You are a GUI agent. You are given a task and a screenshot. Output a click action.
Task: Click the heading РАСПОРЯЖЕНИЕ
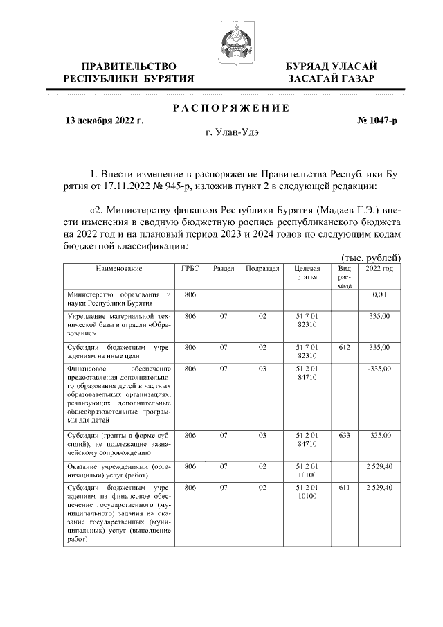point(230,107)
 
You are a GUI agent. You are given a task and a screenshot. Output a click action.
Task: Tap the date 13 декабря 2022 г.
point(104,121)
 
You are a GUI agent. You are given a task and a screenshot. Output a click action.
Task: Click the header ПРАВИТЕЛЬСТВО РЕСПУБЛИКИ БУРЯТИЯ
point(129,72)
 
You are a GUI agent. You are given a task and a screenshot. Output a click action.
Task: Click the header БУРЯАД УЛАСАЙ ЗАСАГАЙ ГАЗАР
point(332,72)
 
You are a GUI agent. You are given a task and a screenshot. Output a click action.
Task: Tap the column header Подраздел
point(263,268)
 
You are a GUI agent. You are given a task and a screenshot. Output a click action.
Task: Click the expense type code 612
point(344,347)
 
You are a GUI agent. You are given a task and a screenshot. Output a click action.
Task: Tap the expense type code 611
point(344,488)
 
